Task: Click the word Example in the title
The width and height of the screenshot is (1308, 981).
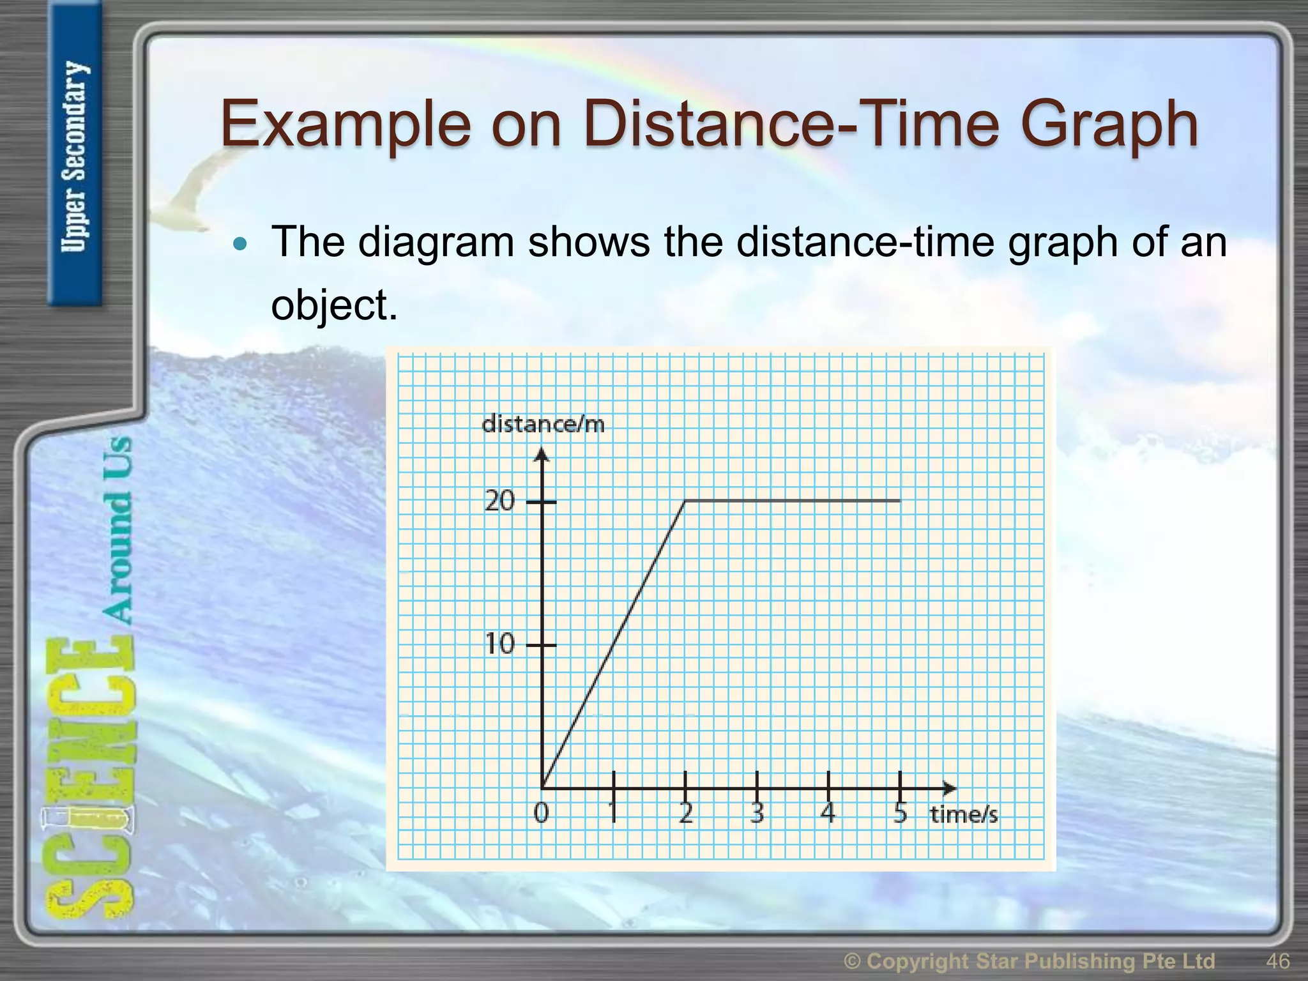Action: (345, 125)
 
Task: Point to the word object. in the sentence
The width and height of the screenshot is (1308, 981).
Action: (334, 305)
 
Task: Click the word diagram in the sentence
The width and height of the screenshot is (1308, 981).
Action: (436, 242)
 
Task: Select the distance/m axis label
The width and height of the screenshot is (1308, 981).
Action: (543, 424)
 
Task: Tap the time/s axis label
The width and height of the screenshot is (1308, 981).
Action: (963, 814)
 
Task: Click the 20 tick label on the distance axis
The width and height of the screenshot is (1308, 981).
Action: (499, 501)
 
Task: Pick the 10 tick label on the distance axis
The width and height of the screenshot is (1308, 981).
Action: (499, 644)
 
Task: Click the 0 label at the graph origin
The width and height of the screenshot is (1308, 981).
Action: (541, 813)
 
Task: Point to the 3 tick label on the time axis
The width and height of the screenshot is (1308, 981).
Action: (757, 813)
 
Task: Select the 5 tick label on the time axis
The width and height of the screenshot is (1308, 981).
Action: (900, 813)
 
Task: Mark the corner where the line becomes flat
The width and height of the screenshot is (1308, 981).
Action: (685, 501)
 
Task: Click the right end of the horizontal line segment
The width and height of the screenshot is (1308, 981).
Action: (899, 501)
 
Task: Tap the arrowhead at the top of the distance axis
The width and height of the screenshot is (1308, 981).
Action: (542, 454)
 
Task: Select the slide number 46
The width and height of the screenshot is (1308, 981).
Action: (1277, 961)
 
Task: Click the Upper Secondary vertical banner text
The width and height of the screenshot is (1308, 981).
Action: (75, 156)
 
